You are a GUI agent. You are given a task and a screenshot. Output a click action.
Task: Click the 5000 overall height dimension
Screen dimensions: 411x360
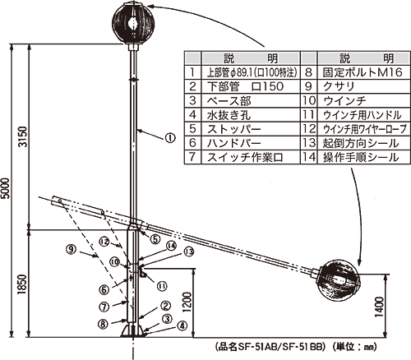(6, 188)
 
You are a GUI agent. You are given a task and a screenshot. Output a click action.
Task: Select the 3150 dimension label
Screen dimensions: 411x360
(23, 136)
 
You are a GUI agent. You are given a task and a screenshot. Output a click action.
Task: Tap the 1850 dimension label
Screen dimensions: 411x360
(23, 284)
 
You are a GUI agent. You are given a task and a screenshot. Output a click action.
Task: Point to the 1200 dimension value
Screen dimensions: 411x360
(187, 302)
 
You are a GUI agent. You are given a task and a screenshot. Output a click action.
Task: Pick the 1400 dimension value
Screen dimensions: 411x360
(380, 307)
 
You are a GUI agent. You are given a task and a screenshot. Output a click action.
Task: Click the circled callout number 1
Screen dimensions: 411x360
(170, 138)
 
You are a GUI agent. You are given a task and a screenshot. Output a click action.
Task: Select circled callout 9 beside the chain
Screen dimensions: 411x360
(71, 250)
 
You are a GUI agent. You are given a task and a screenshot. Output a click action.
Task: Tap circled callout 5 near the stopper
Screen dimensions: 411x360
(155, 239)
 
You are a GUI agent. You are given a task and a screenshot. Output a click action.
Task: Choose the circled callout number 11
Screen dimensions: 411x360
(161, 286)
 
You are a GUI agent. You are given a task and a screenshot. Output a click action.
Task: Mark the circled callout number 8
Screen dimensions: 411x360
(103, 324)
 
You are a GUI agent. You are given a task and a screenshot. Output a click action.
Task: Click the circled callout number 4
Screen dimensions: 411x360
(182, 326)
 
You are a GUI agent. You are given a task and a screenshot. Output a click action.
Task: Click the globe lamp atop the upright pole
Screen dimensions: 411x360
(133, 24)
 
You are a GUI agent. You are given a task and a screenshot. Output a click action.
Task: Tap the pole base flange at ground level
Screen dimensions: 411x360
(132, 331)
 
